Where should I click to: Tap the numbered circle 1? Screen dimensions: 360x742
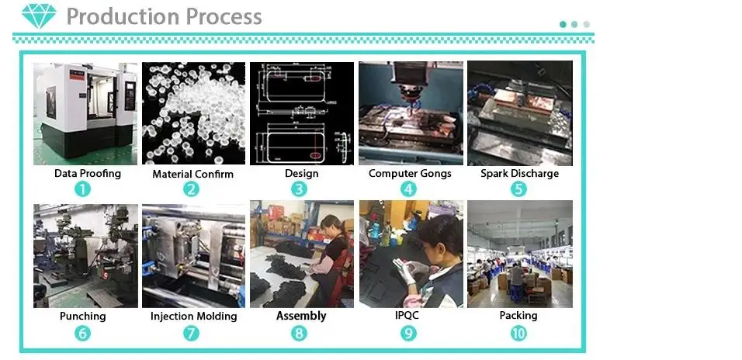click(x=83, y=189)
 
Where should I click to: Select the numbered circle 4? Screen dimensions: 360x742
click(x=409, y=189)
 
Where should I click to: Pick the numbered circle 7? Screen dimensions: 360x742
click(x=192, y=333)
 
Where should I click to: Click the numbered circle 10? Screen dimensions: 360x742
click(x=518, y=333)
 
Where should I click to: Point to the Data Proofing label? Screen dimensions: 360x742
click(x=88, y=173)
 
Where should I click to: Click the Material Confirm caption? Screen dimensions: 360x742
click(x=192, y=174)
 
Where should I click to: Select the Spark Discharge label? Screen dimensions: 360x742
click(x=519, y=173)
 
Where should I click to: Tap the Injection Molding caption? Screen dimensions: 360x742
click(x=193, y=316)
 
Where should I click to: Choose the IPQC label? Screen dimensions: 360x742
click(x=409, y=316)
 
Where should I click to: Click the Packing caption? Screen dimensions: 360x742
click(x=518, y=316)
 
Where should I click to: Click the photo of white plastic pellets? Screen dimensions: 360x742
click(x=193, y=113)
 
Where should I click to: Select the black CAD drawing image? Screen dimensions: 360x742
click(x=301, y=113)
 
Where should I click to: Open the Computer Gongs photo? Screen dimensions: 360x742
click(x=410, y=113)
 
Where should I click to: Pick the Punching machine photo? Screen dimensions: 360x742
click(x=85, y=255)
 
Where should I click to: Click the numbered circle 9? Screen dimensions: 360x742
click(x=409, y=333)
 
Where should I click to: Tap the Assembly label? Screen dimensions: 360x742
click(x=301, y=316)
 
